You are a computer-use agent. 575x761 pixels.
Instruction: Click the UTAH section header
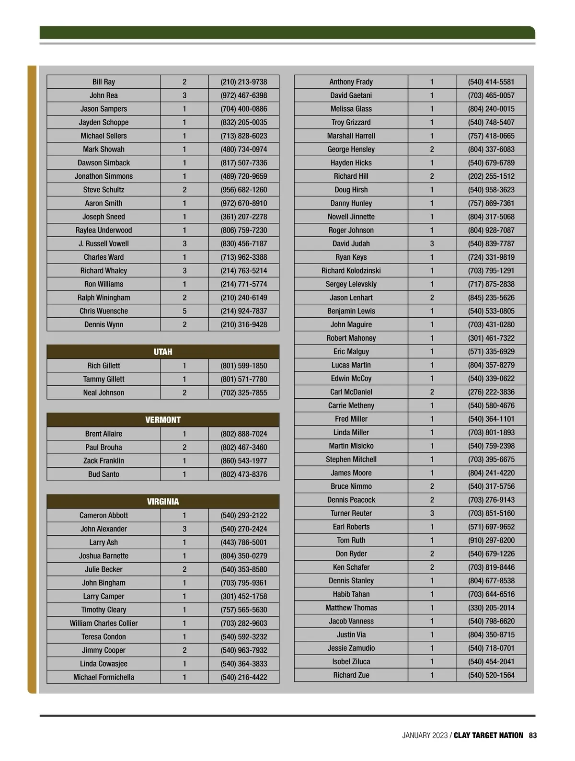point(163,352)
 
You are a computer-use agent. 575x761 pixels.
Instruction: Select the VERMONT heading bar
point(163,420)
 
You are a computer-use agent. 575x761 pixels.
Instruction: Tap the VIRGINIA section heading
point(163,501)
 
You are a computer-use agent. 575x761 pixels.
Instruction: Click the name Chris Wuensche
point(103,311)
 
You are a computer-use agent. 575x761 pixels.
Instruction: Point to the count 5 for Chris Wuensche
point(184,311)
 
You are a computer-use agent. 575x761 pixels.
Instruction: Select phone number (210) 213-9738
point(244,82)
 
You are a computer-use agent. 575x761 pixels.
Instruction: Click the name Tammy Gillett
point(103,379)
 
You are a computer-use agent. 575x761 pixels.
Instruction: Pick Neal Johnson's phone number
point(244,392)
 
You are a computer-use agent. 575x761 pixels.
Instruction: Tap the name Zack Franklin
point(103,461)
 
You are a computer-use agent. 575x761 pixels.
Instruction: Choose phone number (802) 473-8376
point(244,474)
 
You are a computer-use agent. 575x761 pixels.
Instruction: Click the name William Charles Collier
point(103,623)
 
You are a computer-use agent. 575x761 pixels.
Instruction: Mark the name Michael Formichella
point(103,677)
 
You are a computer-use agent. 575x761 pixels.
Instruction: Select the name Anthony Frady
point(351,82)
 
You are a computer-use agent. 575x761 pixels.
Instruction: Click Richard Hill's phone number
point(491,176)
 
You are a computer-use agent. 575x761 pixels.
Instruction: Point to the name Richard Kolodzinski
point(351,270)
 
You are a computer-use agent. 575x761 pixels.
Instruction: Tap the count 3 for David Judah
point(432,243)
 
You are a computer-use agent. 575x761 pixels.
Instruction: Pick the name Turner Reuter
point(351,513)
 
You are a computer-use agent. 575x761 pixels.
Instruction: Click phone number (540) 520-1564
point(491,675)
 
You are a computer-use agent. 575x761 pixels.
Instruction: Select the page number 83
point(533,735)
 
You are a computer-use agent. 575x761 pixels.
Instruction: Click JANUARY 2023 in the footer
point(425,735)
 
